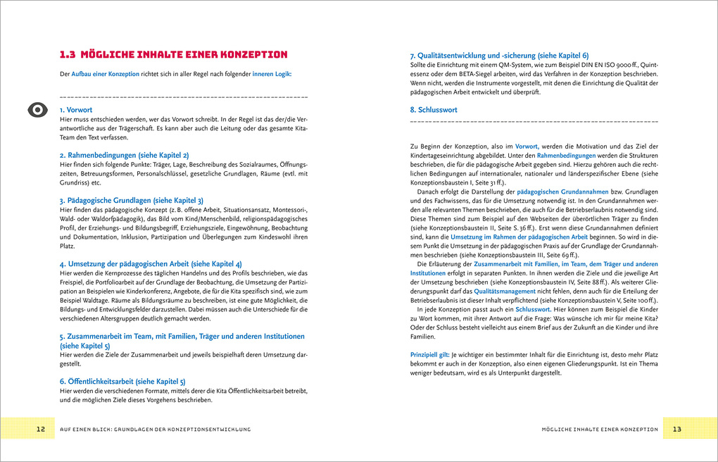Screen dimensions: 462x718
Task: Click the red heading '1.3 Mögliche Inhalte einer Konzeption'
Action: point(173,54)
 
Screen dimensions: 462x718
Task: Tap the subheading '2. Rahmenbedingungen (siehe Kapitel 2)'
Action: point(124,154)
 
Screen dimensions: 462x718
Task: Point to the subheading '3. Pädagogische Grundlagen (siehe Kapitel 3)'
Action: point(132,200)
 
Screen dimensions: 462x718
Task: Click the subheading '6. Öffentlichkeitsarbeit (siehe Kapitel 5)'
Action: point(122,381)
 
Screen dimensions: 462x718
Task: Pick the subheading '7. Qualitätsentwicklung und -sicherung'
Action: point(499,55)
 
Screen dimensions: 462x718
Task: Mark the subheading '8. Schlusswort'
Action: point(434,110)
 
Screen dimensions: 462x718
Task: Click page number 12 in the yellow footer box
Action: point(41,429)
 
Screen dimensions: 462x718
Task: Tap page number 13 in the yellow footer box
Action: point(677,429)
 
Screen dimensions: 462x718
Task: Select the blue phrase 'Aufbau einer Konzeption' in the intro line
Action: point(106,74)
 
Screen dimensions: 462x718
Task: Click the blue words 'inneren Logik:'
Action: point(272,74)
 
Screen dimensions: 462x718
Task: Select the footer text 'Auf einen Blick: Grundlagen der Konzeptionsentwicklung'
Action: point(155,429)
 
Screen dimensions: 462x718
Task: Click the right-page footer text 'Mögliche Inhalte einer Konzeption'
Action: point(600,429)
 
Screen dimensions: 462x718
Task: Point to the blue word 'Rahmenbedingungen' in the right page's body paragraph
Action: point(566,155)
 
